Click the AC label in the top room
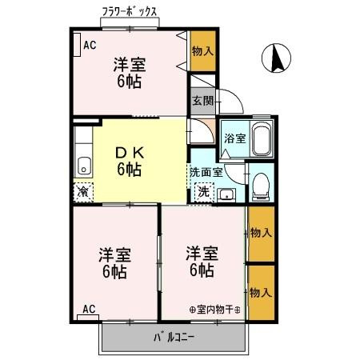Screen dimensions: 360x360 [90, 45]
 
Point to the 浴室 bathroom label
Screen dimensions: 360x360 [234, 138]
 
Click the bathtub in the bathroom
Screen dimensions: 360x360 [261, 140]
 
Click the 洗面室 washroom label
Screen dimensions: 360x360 [205, 171]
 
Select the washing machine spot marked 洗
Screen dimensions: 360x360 [204, 192]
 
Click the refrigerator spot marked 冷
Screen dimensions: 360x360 [82, 192]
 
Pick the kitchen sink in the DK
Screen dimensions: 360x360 [83, 166]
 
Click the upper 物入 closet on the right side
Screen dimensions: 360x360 [261, 233]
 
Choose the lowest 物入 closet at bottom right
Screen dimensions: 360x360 [261, 291]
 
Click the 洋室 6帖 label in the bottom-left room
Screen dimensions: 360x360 [114, 262]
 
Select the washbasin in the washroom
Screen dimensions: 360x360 [226, 194]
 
